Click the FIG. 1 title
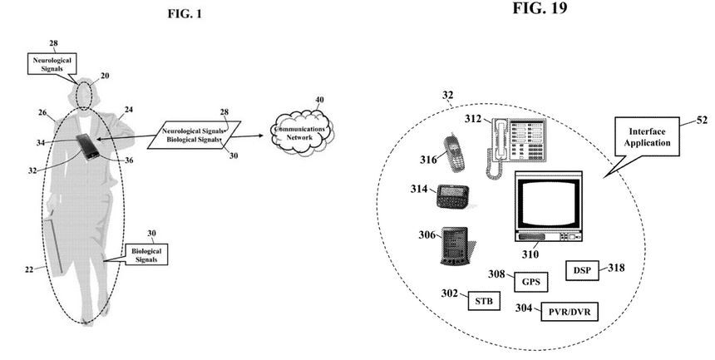[x=182, y=14]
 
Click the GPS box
[x=531, y=281]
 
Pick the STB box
[x=484, y=300]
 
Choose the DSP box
[x=583, y=270]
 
